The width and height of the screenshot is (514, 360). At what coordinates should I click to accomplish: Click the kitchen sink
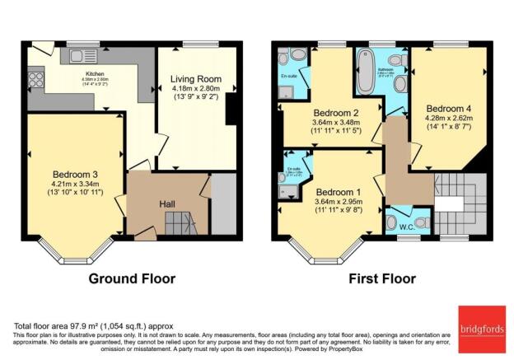pos(82,57)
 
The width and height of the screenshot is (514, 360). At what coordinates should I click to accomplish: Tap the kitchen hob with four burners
pos(37,80)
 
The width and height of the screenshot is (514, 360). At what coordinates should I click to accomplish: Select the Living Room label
pos(196,79)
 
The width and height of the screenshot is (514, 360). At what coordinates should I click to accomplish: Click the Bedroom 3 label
pos(75,174)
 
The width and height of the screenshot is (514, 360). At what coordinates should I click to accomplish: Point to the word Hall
pos(168,204)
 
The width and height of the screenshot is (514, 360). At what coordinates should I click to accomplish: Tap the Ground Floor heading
pos(132,278)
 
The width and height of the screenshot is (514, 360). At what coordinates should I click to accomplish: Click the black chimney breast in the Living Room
pos(230,108)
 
